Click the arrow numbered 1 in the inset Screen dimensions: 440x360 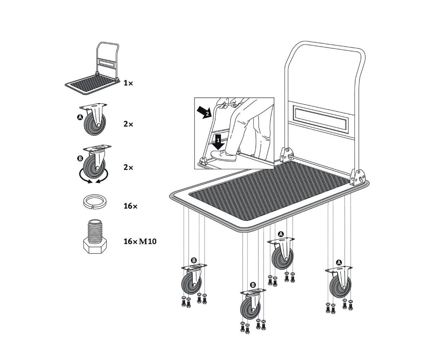pyautogui.click(x=218, y=142)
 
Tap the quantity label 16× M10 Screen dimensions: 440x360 pyautogui.click(x=140, y=242)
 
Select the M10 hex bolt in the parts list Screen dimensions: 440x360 pyautogui.click(x=95, y=237)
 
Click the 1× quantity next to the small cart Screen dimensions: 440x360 pyautogui.click(x=128, y=83)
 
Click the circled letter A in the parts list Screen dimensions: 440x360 pyautogui.click(x=80, y=117)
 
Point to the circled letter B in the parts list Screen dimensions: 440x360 pyautogui.click(x=80, y=159)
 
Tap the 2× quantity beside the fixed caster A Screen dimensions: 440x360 pyautogui.click(x=128, y=124)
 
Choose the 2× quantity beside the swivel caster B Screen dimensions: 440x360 pyautogui.click(x=128, y=167)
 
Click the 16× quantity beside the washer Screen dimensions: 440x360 pyautogui.click(x=130, y=206)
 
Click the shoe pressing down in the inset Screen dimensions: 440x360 pyautogui.click(x=223, y=155)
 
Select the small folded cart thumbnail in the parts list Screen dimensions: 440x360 pyautogui.click(x=92, y=69)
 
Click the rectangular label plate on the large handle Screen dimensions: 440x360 pyautogui.click(x=321, y=120)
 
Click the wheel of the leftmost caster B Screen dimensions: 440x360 pyautogui.click(x=191, y=284)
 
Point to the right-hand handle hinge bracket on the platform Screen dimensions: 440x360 pyautogui.click(x=358, y=177)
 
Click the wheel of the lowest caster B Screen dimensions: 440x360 pyautogui.click(x=250, y=308)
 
